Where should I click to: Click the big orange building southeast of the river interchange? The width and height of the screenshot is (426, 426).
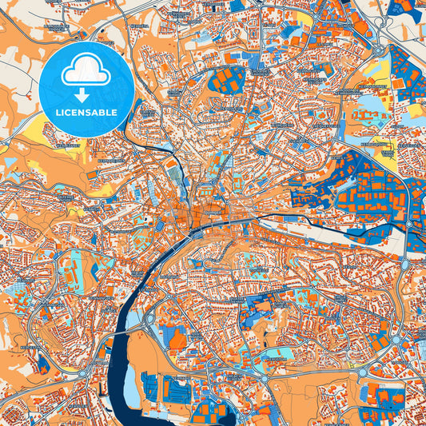pos(177,341)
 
